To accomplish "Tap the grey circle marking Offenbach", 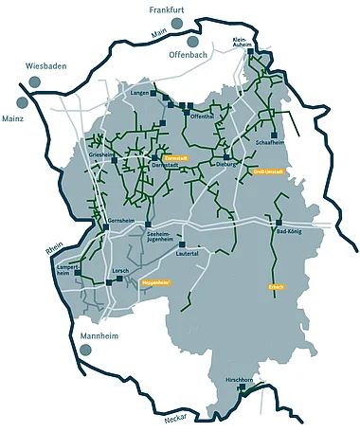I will tap(193, 43).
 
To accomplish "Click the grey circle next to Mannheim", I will tap(86, 350).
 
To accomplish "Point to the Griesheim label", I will tap(100, 153).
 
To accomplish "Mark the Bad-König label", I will tap(288, 231).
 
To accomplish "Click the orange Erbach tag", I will tap(277, 286).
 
